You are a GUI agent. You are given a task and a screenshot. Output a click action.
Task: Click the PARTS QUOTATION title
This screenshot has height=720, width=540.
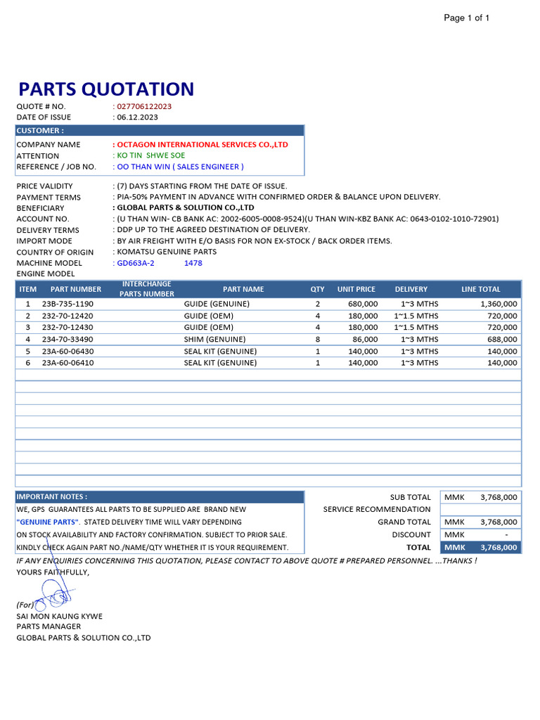(x=105, y=89)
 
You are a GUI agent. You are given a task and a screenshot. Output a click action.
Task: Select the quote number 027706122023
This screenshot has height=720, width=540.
(x=144, y=106)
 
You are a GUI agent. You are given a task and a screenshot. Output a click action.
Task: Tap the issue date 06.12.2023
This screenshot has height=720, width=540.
(x=137, y=117)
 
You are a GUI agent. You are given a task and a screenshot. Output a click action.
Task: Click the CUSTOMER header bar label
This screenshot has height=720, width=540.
(x=39, y=131)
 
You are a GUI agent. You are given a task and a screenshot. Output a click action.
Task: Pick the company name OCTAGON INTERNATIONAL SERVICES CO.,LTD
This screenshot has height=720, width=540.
(x=202, y=145)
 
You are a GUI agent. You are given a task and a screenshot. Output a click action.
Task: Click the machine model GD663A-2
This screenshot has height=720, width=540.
(x=136, y=263)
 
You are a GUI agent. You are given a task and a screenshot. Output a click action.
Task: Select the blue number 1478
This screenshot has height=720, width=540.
(x=193, y=263)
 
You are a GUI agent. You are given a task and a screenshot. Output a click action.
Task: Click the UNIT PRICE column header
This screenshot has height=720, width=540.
(x=356, y=289)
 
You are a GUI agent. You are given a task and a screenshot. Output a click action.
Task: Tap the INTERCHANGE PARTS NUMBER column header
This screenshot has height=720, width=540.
(x=146, y=289)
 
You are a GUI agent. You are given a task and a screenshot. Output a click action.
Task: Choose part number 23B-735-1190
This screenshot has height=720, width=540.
(x=67, y=304)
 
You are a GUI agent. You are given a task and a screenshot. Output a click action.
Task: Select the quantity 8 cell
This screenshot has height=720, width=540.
(x=318, y=340)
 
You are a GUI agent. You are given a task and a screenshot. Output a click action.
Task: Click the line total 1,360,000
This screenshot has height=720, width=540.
(x=499, y=304)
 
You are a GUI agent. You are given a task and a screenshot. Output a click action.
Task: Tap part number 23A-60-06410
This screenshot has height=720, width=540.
(x=67, y=364)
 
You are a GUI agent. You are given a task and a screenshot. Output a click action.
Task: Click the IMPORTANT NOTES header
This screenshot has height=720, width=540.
(x=51, y=496)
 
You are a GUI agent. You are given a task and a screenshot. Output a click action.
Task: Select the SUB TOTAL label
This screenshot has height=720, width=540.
(x=410, y=497)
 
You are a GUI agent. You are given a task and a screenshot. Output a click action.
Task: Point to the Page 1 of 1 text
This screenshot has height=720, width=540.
(x=466, y=18)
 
